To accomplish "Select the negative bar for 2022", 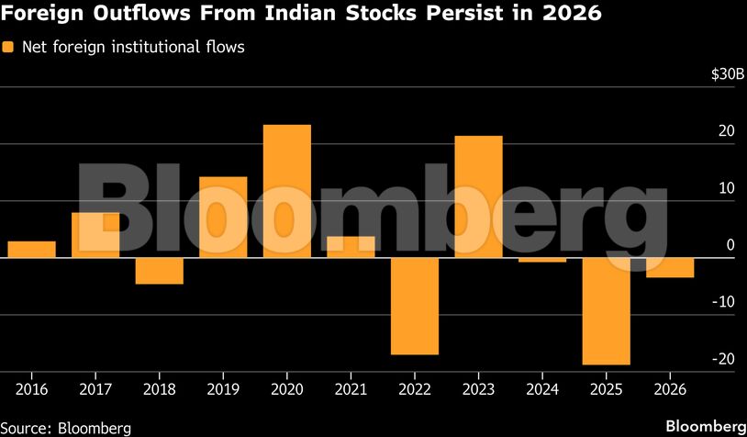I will click(414, 306).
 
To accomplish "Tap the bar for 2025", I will click(606, 311).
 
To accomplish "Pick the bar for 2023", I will click(478, 196).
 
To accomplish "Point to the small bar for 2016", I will click(31, 249).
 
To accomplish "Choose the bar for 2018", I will click(159, 271).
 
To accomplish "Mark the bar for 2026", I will click(670, 267).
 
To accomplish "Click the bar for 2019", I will click(223, 217).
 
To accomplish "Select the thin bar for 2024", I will click(542, 260).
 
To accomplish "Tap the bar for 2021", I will click(351, 247).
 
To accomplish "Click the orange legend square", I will click(9, 47).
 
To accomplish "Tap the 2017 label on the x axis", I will click(95, 388).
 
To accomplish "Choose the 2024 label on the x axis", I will click(542, 388).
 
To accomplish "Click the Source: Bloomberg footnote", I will click(66, 427).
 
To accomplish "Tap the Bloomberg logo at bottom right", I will click(705, 426).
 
